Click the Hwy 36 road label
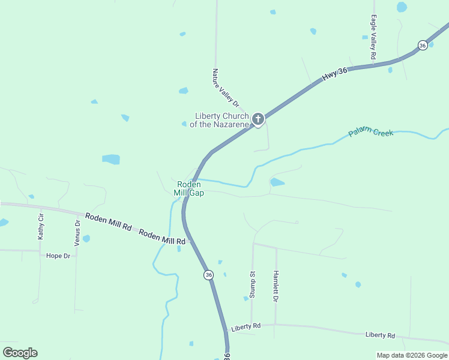point(334,74)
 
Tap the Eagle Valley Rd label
point(373,37)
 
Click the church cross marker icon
point(258,119)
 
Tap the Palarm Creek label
point(371,131)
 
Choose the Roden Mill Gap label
point(188,188)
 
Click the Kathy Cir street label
point(41,226)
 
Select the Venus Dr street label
point(77,233)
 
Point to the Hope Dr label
point(58,256)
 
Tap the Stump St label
point(252,284)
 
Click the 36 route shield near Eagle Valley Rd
point(423,46)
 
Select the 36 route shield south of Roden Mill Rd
point(208,275)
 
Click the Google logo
point(20,353)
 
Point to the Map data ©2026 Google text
point(411,355)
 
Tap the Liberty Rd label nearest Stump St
point(246,326)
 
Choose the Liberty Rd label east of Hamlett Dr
point(380,335)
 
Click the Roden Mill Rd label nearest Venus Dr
point(108,221)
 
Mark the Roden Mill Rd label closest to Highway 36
point(162,236)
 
